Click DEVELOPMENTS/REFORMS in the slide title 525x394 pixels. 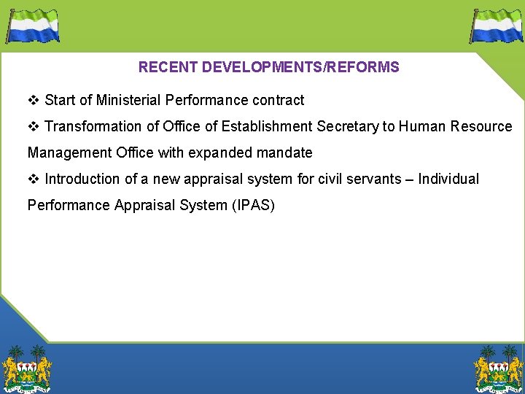[x=300, y=68]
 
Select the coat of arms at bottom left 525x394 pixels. [x=27, y=368]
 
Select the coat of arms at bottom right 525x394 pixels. [x=499, y=368]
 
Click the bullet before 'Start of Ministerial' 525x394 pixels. [x=33, y=100]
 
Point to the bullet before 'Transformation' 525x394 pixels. [x=33, y=126]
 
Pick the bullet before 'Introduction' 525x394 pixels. [x=33, y=179]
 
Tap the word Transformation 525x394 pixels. [x=93, y=126]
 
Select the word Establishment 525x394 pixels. [x=267, y=126]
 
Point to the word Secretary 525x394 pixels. [x=348, y=126]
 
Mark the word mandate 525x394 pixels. [x=284, y=152]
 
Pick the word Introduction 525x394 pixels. [x=82, y=179]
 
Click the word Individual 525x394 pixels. [x=448, y=179]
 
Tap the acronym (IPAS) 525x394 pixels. [x=253, y=205]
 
